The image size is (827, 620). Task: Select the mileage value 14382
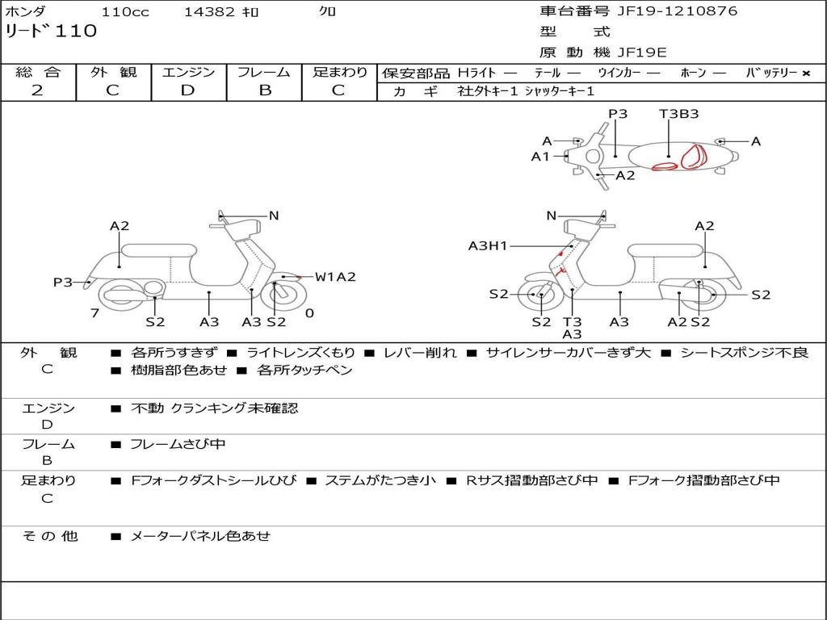[209, 12]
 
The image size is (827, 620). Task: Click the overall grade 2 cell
[38, 90]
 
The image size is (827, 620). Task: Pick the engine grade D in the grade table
[188, 90]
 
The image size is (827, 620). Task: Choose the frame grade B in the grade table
[264, 90]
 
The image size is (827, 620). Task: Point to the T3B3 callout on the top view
[678, 114]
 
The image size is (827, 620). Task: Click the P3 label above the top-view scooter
[618, 114]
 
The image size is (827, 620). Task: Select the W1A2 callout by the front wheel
[335, 277]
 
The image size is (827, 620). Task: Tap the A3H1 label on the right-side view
[488, 245]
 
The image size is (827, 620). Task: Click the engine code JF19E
[642, 52]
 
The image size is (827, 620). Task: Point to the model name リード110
[51, 31]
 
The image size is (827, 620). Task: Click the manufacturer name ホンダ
[26, 12]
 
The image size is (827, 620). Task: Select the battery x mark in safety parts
[805, 73]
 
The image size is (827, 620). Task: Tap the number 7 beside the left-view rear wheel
[94, 312]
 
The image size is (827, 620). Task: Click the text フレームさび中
[178, 444]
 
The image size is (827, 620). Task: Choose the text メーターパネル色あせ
[200, 535]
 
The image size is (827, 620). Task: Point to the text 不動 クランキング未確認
[214, 408]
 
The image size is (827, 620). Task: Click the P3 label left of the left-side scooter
[63, 283]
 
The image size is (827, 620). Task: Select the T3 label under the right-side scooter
[572, 322]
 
